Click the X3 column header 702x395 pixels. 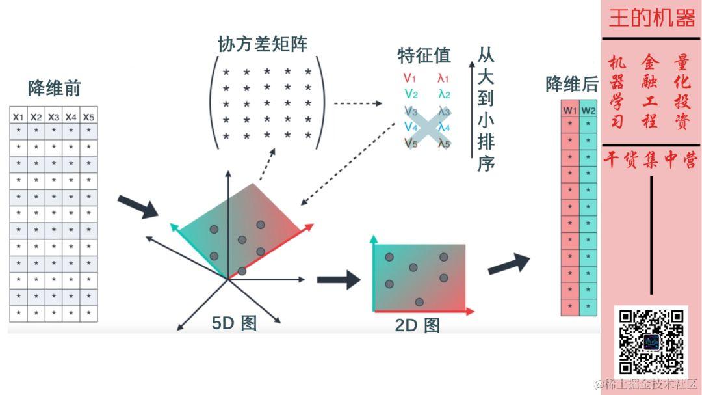[x=53, y=116]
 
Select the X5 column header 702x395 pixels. [x=88, y=116]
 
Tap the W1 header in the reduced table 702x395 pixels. [x=570, y=109]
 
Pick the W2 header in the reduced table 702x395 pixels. [x=588, y=109]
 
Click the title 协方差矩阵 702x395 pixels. [x=263, y=44]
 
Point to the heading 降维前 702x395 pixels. [x=54, y=89]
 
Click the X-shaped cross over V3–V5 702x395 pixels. [x=426, y=127]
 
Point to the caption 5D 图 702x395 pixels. [x=234, y=323]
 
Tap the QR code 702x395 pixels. [x=651, y=342]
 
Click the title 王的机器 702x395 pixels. [x=651, y=18]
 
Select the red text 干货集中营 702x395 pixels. [x=651, y=160]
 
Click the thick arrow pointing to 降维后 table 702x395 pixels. [x=508, y=264]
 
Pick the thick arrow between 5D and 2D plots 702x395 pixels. [x=338, y=280]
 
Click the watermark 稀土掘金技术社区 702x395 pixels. [x=645, y=385]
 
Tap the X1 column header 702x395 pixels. [x=18, y=116]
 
